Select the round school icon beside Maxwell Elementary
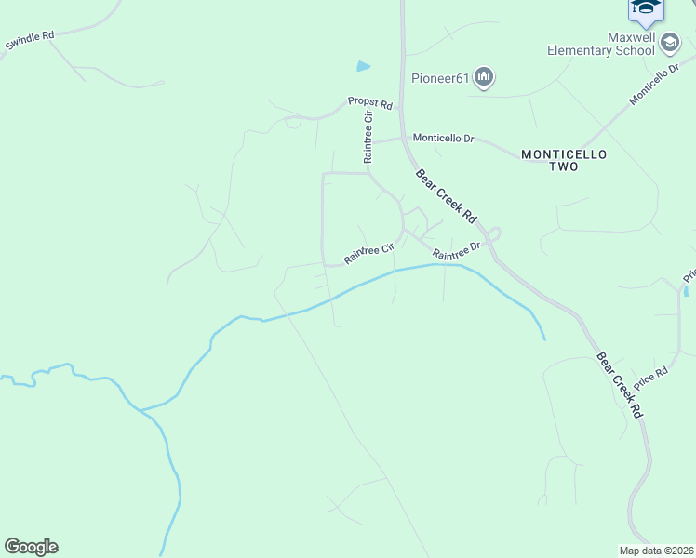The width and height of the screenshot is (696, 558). [669, 42]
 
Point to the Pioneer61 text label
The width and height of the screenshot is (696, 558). [442, 78]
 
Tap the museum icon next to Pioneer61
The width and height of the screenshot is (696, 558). [484, 77]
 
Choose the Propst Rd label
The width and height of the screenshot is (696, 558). [370, 103]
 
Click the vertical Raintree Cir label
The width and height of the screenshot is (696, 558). [368, 136]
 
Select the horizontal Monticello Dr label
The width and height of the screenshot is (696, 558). [443, 139]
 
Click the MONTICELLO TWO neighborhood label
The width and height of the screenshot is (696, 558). [563, 160]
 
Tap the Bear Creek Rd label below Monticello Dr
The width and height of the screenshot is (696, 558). [446, 195]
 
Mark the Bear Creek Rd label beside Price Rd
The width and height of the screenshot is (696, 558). [620, 384]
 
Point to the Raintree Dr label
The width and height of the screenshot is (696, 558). [456, 251]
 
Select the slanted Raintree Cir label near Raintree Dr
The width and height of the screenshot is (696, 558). [370, 252]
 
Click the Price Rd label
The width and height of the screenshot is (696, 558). [651, 376]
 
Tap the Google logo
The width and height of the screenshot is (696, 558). [31, 547]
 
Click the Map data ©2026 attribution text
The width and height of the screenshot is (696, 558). [657, 551]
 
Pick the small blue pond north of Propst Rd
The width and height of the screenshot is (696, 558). [363, 66]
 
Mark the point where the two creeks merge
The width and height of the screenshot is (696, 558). [141, 409]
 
